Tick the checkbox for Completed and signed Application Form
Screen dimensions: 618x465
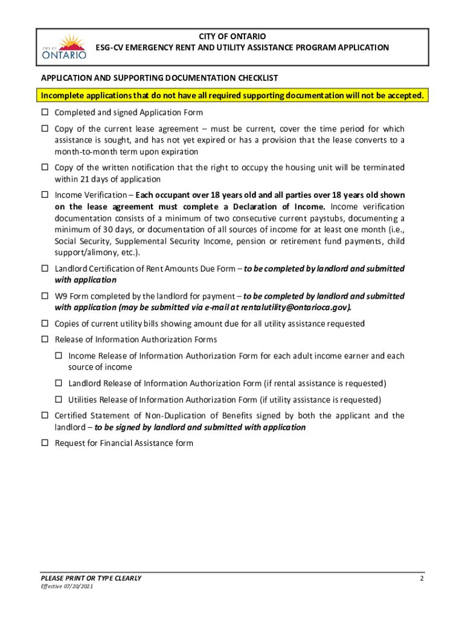coord(45,113)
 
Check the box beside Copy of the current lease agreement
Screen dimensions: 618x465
coord(45,129)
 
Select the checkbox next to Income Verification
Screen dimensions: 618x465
coord(45,196)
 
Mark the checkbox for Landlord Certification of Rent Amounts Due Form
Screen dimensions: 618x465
coord(45,269)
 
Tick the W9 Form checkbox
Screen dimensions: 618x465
coord(45,296)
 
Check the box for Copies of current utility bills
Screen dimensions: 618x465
coord(45,324)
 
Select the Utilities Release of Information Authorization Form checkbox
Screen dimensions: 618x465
coord(59,400)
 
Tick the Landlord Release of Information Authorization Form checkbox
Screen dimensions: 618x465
coord(59,383)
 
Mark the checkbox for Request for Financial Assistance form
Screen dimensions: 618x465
coord(45,443)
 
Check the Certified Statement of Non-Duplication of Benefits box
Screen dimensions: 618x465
coord(45,416)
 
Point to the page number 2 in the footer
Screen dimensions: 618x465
coord(422,578)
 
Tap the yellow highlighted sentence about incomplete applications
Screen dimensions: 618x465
coord(232,96)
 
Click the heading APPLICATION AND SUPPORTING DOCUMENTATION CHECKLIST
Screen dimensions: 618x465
coord(159,78)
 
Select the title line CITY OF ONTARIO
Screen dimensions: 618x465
coord(232,37)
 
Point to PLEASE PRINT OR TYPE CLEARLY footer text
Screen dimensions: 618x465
coord(91,578)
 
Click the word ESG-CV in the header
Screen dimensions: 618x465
coord(108,47)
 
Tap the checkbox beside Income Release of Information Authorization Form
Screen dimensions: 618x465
coord(59,356)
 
